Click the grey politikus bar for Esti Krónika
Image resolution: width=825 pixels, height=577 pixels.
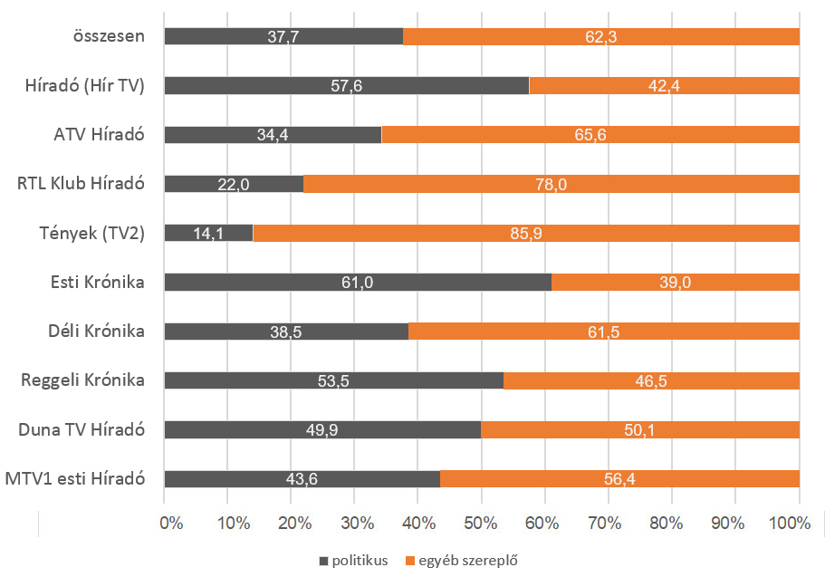358,283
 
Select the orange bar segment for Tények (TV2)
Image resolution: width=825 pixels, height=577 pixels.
525,233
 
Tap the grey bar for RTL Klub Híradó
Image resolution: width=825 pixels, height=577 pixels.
234,184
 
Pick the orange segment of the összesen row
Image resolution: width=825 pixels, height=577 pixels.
600,36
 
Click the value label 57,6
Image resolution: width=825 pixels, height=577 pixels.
346,86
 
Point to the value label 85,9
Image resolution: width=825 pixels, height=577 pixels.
526,234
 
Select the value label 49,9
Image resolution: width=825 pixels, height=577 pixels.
321,430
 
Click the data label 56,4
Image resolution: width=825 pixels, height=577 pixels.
619,479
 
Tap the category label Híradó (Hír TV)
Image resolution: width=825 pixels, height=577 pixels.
86,86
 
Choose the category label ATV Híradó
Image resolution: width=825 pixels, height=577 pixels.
99,135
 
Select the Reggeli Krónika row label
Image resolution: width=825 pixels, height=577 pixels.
83,380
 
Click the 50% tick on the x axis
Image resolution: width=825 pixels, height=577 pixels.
480,523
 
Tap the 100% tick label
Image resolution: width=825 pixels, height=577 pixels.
793,523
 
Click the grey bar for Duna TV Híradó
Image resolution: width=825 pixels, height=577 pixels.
321,430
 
